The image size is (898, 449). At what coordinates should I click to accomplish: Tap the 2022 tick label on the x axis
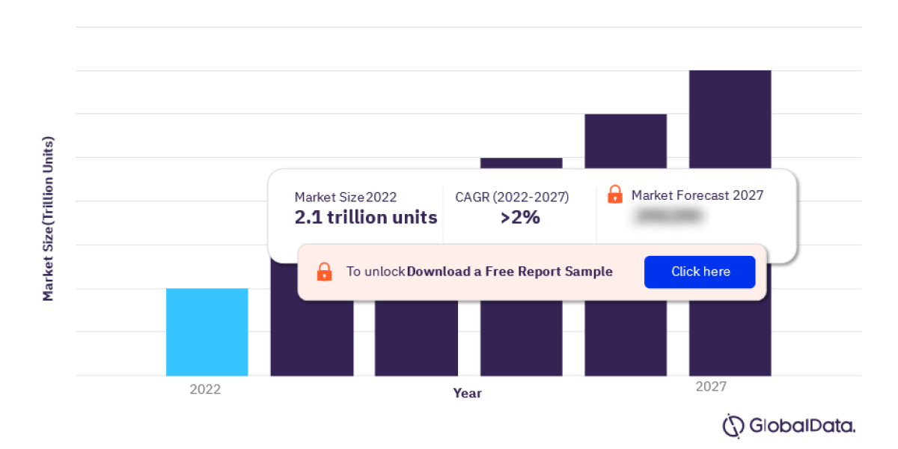(x=205, y=389)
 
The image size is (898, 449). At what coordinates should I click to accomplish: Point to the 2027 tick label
(x=710, y=387)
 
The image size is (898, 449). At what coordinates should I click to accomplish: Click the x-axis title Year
(x=467, y=393)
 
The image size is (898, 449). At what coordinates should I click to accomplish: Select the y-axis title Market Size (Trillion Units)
(x=49, y=219)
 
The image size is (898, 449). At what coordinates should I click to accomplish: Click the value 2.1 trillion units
(x=365, y=218)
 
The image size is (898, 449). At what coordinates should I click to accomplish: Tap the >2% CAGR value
(x=520, y=218)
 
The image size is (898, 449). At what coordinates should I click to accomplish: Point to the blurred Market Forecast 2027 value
(x=668, y=216)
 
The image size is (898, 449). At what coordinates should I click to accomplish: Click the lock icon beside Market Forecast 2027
(x=614, y=195)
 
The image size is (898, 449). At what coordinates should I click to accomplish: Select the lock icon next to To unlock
(x=324, y=272)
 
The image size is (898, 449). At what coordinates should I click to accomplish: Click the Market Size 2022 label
(x=345, y=197)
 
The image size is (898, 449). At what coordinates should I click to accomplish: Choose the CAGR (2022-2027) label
(x=512, y=197)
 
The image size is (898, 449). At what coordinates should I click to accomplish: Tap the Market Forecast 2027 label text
(x=697, y=195)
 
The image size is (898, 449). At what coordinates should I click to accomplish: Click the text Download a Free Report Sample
(x=510, y=272)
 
